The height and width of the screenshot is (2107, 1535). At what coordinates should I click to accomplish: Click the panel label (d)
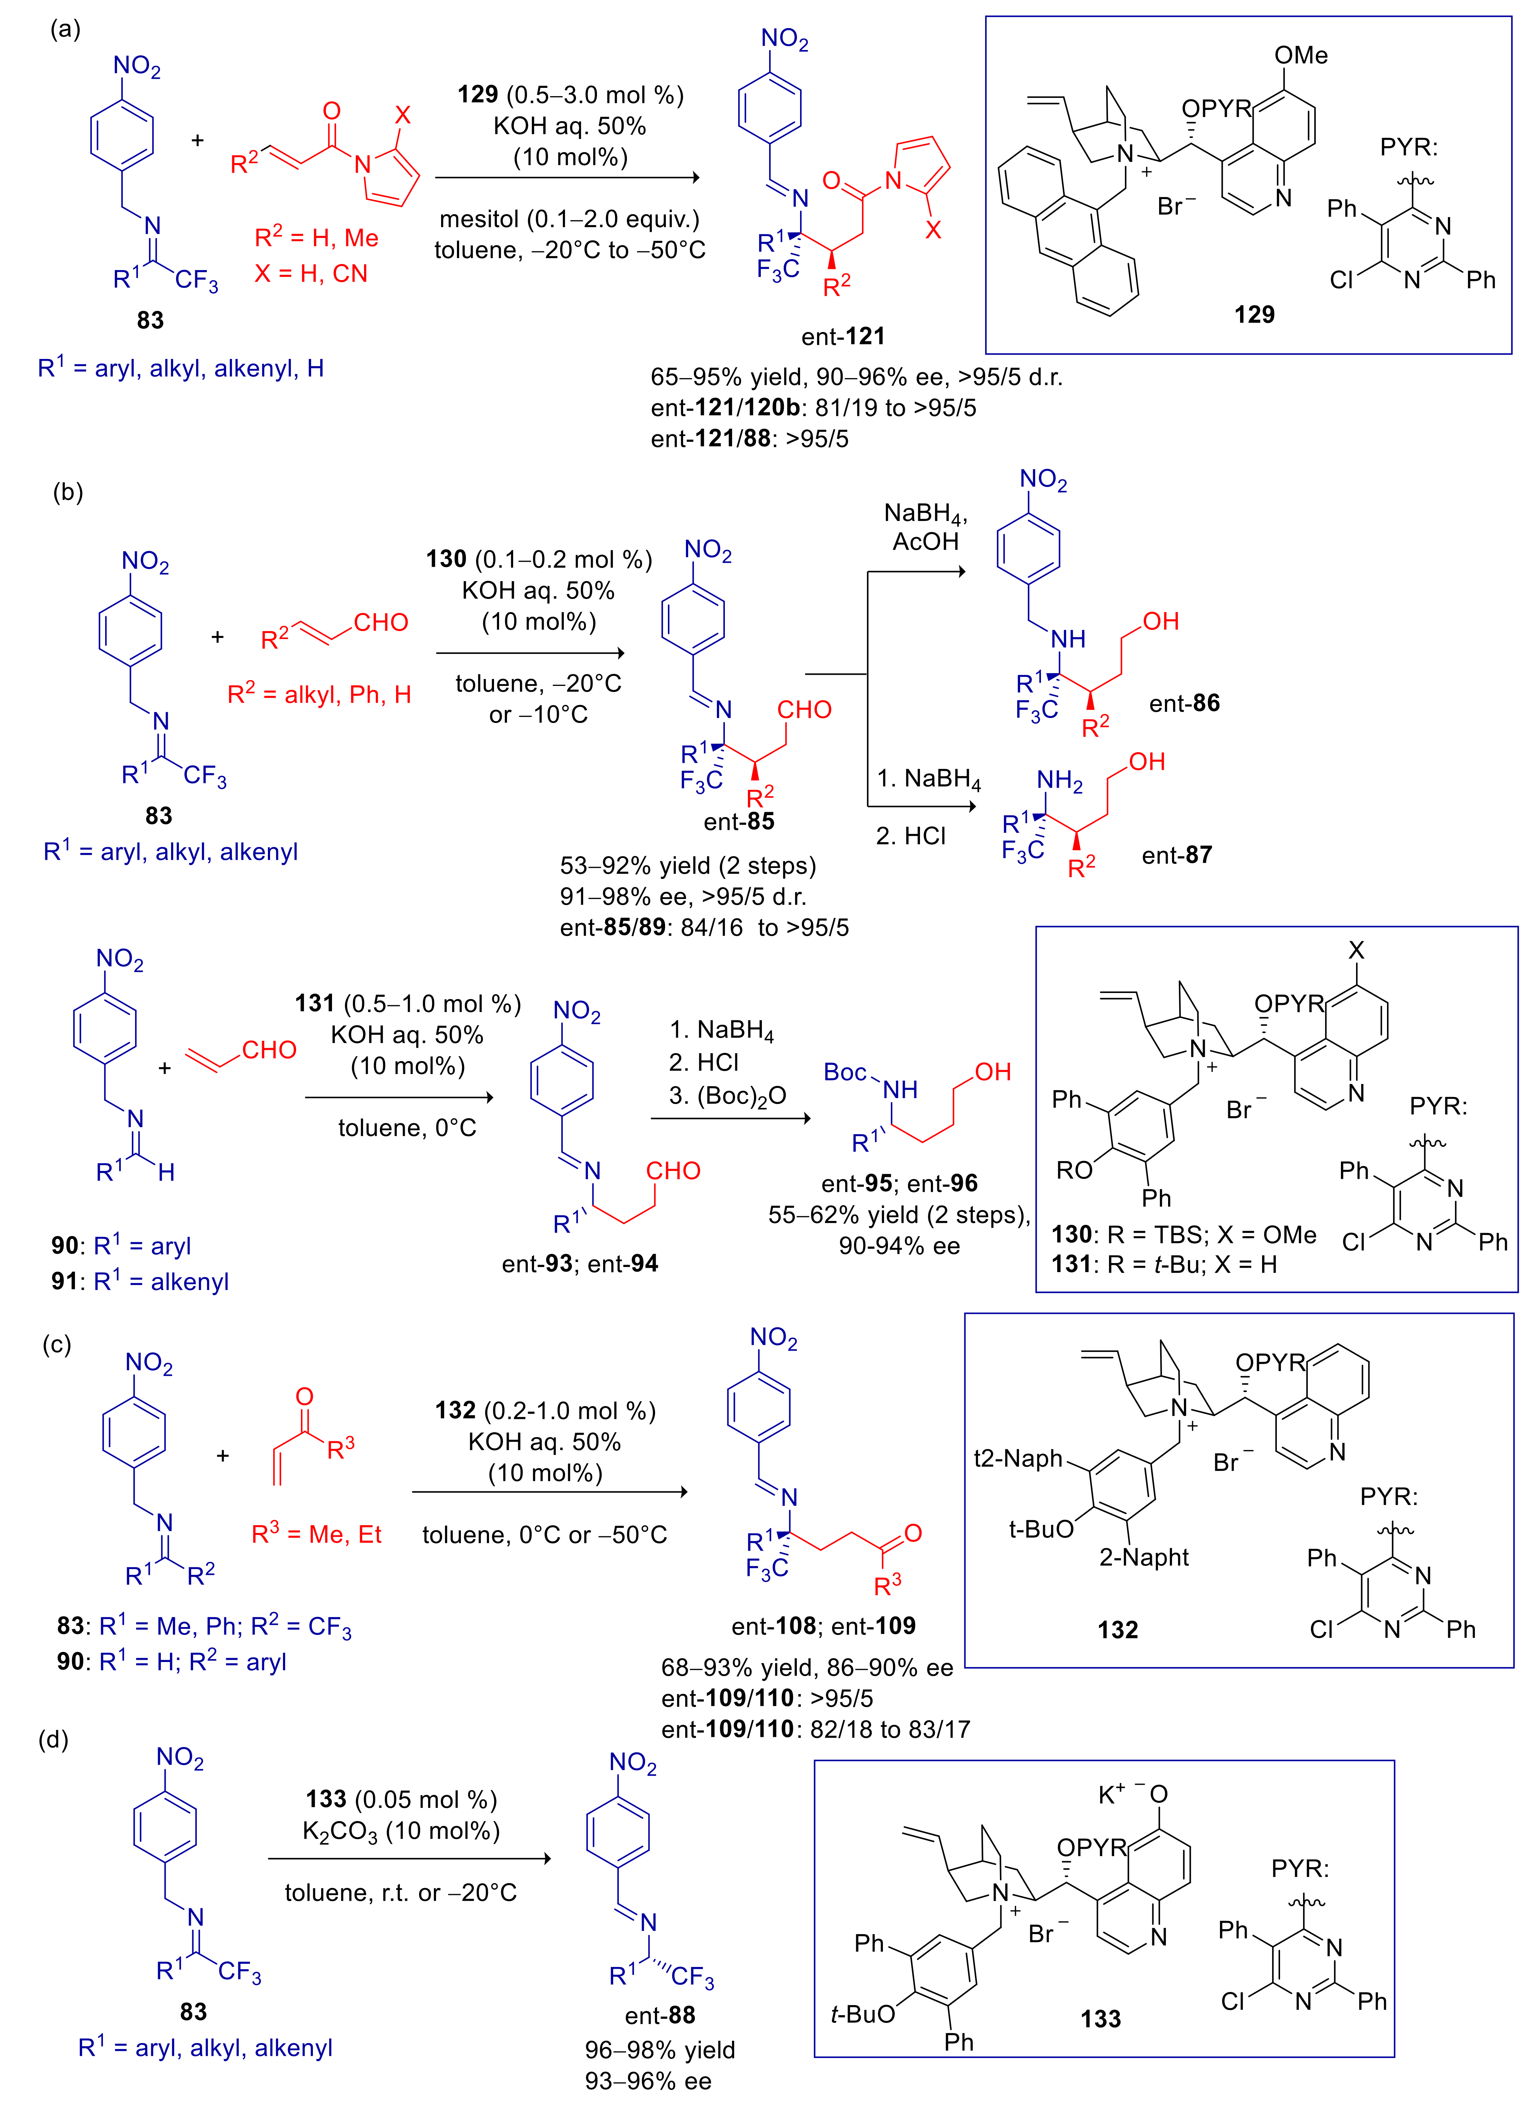point(53,1739)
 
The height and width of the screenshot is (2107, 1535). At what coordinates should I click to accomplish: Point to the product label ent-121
point(843,336)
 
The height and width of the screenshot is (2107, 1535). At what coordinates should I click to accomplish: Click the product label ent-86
point(1184,703)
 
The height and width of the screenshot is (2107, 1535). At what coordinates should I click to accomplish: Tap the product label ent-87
point(1176,855)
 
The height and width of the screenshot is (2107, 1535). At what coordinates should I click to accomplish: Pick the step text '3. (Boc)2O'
point(728,1096)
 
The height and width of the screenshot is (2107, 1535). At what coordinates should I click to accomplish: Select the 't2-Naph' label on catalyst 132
point(1018,1459)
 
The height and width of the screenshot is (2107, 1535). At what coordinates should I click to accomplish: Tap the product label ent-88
point(660,2015)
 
